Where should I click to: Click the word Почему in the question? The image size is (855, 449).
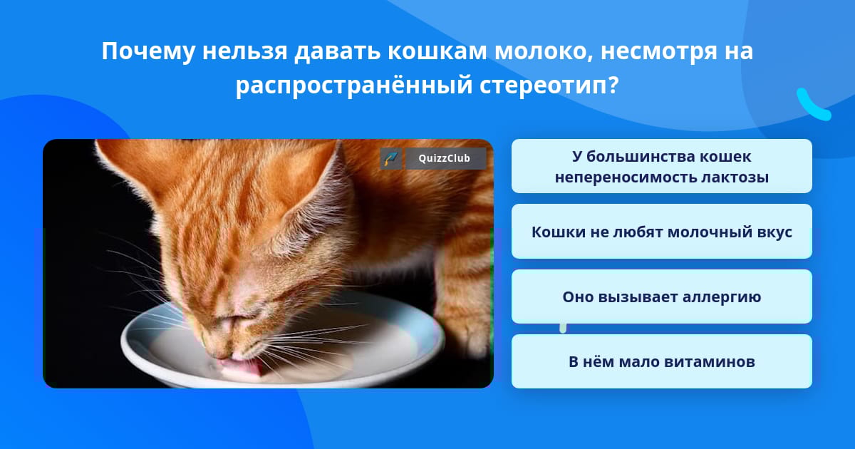pyautogui.click(x=148, y=52)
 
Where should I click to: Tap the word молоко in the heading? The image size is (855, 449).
pyautogui.click(x=544, y=51)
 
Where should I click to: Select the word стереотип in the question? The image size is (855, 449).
pyautogui.click(x=549, y=86)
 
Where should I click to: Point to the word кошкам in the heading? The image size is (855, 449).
pyautogui.click(x=437, y=51)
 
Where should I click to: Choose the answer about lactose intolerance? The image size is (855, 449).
pyautogui.click(x=661, y=166)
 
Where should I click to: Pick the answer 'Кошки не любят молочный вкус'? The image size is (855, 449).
pyautogui.click(x=661, y=232)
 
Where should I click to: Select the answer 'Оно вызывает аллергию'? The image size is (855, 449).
pyautogui.click(x=661, y=296)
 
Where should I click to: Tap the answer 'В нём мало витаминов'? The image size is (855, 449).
pyautogui.click(x=661, y=361)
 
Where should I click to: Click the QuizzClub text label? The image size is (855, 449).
pyautogui.click(x=445, y=158)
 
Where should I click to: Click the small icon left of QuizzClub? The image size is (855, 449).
pyautogui.click(x=391, y=158)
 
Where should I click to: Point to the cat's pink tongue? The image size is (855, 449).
pyautogui.click(x=244, y=366)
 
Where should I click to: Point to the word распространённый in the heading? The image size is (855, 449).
pyautogui.click(x=354, y=86)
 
